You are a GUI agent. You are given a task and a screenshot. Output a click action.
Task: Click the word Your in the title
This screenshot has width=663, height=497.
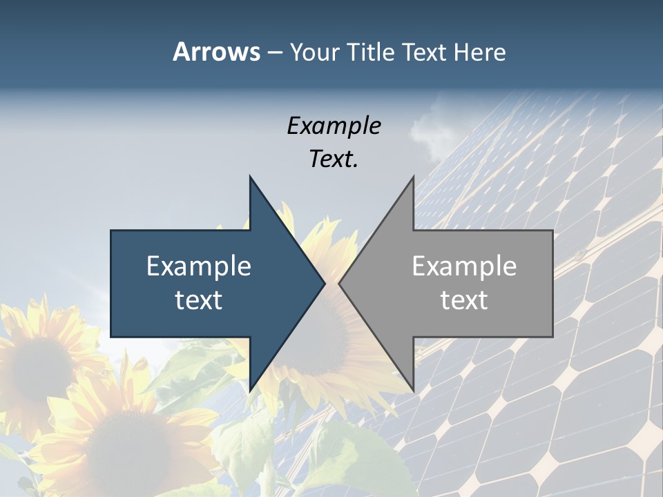click(314, 52)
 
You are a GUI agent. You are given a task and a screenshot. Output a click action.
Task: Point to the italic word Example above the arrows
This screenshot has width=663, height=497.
click(334, 126)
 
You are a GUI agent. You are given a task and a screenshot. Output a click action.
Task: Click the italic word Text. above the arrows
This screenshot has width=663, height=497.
click(334, 159)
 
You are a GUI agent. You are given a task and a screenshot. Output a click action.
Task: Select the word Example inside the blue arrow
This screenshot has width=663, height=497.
click(199, 266)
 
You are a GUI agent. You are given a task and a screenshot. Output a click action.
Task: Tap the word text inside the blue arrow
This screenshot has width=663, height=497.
click(199, 300)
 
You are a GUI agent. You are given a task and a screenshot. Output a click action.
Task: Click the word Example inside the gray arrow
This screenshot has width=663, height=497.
click(464, 266)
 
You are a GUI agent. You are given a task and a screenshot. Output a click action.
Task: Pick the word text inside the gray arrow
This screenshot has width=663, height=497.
click(464, 300)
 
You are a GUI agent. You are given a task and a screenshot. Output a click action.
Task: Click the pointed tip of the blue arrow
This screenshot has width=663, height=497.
click(324, 283)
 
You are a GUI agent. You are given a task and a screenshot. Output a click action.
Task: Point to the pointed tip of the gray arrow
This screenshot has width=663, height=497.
click(340, 283)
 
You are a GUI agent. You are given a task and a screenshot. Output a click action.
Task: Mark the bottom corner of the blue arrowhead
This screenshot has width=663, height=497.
click(251, 390)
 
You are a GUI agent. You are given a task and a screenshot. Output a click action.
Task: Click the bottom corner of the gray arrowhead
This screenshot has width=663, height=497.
click(413, 390)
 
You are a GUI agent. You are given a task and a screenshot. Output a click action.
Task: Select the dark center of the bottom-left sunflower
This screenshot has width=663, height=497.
click(128, 442)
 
